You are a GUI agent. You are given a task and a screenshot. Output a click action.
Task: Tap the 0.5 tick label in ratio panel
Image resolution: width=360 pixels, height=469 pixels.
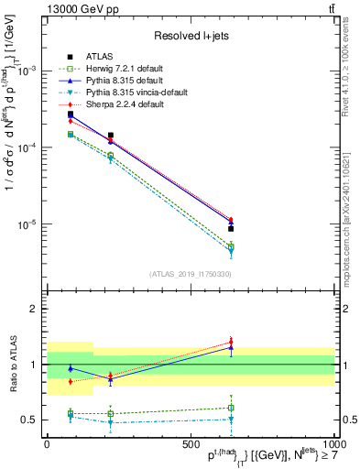[x=29, y=420]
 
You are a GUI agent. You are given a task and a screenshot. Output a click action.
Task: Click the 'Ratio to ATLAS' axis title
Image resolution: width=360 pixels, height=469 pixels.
[x=11, y=365]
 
